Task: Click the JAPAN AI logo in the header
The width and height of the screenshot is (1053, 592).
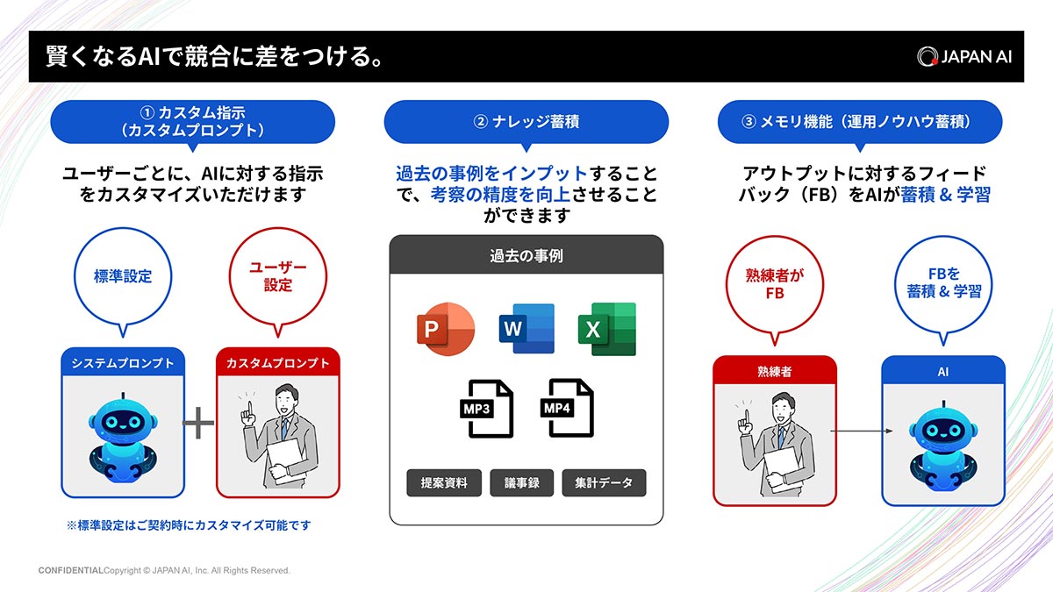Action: [964, 56]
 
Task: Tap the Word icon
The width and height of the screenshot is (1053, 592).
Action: [526, 329]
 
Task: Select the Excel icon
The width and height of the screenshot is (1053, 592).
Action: [606, 329]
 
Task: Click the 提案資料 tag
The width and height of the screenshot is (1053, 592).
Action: [444, 482]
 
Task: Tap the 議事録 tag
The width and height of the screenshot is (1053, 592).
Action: [521, 482]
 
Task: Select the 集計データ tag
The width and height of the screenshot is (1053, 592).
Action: [604, 482]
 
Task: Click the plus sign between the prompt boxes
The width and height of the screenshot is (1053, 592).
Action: [198, 424]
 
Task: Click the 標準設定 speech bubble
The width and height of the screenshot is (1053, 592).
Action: [123, 277]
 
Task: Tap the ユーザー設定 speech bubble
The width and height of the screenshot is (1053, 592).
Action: [278, 277]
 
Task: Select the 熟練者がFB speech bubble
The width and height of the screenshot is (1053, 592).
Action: [774, 284]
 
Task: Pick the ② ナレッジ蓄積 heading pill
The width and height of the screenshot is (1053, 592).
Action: [526, 122]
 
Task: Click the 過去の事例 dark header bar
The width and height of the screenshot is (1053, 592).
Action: [526, 256]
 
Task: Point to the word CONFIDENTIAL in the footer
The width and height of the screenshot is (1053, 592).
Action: [70, 570]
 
